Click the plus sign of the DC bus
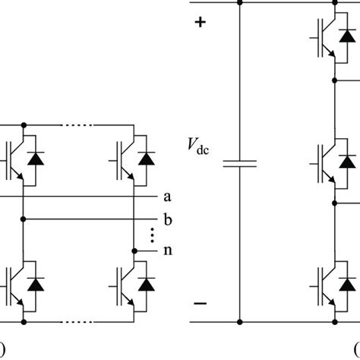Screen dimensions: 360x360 (201, 23)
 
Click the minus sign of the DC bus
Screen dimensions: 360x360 (201, 303)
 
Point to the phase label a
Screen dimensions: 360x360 (166, 197)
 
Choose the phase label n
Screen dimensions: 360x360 (166, 250)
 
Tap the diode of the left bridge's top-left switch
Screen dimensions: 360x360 (35, 159)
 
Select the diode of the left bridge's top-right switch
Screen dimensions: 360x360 (146, 159)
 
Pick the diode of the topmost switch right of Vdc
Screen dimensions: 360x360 (347, 35)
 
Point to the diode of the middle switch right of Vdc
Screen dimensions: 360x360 (347, 161)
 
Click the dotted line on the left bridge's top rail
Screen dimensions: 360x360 (80, 125)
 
